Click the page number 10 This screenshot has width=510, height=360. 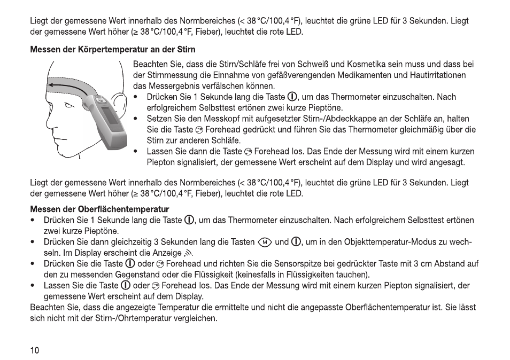[35, 350]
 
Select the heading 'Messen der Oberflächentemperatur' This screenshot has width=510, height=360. [99, 209]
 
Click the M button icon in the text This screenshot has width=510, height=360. [265, 242]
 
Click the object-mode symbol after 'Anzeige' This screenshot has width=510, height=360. [187, 253]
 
